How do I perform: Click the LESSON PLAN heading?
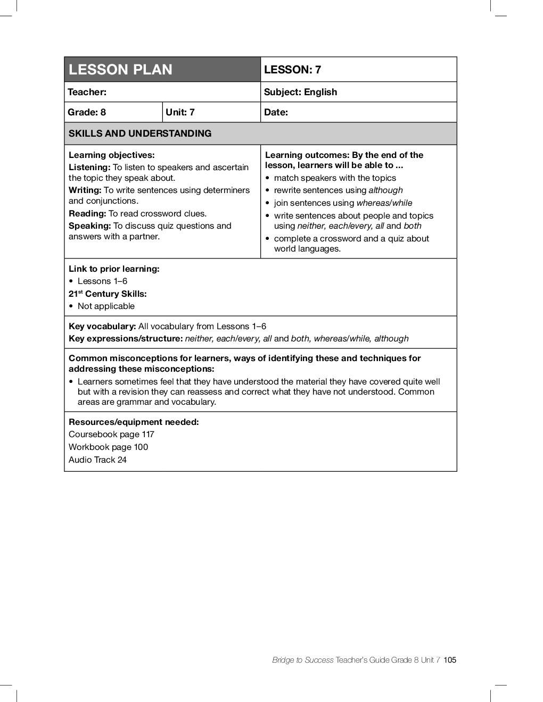(x=120, y=70)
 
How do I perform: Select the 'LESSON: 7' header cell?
(x=292, y=70)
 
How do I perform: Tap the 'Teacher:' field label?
(x=87, y=92)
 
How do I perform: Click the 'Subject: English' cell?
(x=300, y=92)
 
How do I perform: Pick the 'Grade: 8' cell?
(x=87, y=112)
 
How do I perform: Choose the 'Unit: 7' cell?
(x=180, y=112)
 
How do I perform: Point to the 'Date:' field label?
(x=276, y=112)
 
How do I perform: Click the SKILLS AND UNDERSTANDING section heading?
(x=140, y=133)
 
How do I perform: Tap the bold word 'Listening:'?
(x=89, y=168)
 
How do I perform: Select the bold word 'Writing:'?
(x=85, y=190)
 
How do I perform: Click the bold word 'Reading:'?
(x=87, y=214)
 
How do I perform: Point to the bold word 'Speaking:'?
(x=89, y=226)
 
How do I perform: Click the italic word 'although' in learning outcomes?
(x=385, y=190)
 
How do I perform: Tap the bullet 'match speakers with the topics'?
(x=335, y=178)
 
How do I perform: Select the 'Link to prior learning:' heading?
(x=114, y=269)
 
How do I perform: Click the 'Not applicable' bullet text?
(x=106, y=306)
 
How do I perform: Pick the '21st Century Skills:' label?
(x=108, y=294)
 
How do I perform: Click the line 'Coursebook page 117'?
(x=111, y=434)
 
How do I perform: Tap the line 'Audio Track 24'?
(x=97, y=460)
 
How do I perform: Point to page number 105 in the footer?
(x=450, y=660)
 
